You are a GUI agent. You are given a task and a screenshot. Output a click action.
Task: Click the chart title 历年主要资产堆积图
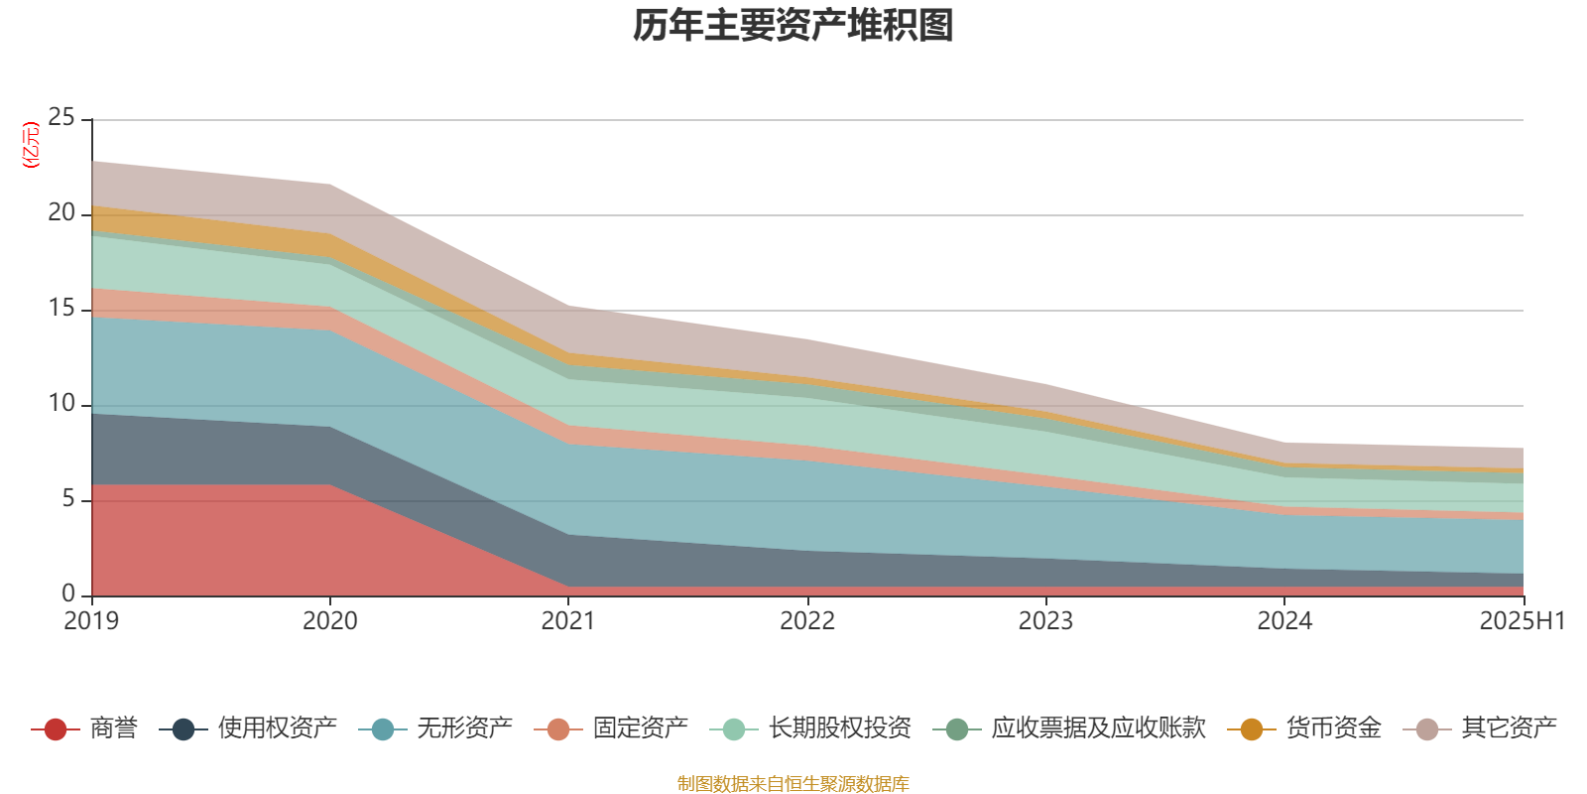793,26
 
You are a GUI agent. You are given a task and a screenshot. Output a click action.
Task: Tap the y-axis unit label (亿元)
31,145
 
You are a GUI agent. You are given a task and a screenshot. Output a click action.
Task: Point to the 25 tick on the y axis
61,118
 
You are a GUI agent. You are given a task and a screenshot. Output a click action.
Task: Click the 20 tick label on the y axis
61,213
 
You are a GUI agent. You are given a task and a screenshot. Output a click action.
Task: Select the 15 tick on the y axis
61,309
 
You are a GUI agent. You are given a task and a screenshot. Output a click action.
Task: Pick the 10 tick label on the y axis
61,404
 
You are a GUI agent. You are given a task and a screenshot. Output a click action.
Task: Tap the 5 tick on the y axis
68,499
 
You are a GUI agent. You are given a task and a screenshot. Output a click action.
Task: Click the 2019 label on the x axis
91,621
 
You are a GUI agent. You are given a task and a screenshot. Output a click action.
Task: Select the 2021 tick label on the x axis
568,621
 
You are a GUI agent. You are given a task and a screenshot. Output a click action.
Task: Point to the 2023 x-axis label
1045,621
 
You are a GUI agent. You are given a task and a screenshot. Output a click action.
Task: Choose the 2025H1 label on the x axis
1522,621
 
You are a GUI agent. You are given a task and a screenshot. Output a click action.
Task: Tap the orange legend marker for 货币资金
1252,729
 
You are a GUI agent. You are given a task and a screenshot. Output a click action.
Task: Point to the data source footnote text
793,784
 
